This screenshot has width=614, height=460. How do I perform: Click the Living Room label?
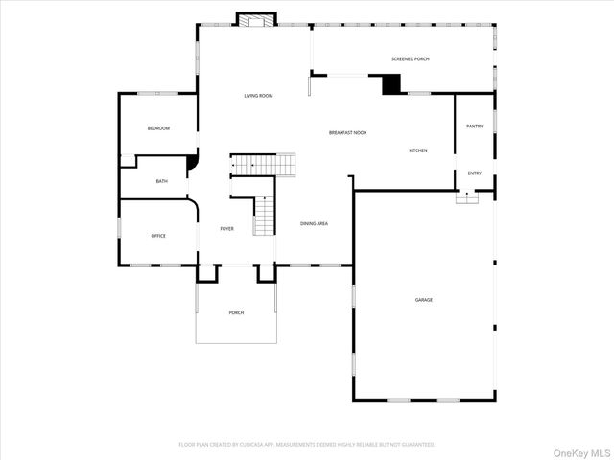pos(258,96)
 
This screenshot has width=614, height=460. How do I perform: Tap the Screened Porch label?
pos(410,59)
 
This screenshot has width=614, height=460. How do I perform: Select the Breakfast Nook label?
pos(348,132)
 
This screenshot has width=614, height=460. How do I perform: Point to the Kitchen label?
pos(418,150)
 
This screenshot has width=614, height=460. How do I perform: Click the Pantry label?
pos(474,126)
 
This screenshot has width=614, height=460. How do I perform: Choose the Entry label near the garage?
pos(474,173)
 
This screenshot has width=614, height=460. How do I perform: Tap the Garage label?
pos(423,300)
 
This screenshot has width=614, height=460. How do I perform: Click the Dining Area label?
pos(315,223)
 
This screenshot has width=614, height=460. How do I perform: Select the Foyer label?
pos(226,228)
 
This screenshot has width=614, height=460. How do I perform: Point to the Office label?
pos(158,235)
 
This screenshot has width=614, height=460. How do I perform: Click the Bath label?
pos(162,181)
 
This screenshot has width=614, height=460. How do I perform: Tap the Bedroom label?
pos(158,128)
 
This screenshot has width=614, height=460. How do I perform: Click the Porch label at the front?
pos(236,313)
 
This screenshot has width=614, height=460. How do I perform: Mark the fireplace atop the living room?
pos(256,20)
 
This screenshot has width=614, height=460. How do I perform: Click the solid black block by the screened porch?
pos(391,84)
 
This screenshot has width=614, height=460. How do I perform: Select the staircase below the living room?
pos(264,165)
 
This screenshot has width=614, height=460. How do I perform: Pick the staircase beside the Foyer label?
pos(265,216)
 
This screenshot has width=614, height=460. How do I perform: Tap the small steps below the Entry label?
pos(467,196)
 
